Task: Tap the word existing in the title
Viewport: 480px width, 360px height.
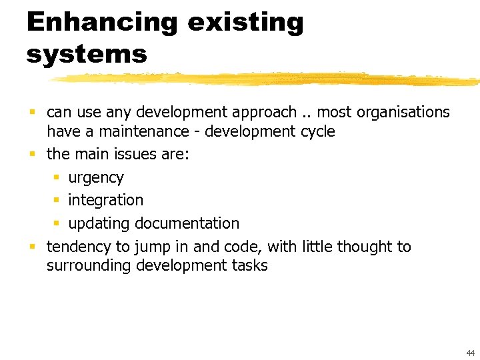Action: coord(245,23)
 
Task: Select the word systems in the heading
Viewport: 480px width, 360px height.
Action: coord(87,53)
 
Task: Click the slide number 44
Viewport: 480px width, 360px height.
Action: coord(471,352)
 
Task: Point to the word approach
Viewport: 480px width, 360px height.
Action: coord(263,113)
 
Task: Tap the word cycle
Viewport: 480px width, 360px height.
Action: coord(317,131)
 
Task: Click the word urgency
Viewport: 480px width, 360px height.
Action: coord(96,178)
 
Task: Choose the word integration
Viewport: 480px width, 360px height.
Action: coord(105,200)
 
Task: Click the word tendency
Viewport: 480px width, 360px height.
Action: coord(79,247)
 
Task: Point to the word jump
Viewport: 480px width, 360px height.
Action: coord(153,247)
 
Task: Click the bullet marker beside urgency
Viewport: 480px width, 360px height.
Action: coord(57,178)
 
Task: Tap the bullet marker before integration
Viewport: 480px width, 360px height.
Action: coord(57,200)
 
